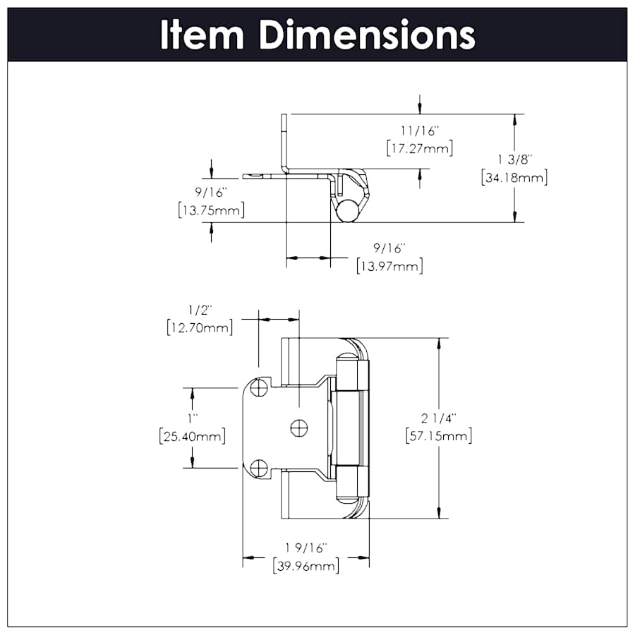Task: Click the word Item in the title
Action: (202, 35)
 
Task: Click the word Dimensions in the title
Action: (366, 35)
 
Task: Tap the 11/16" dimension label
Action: (419, 131)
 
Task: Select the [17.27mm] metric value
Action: (419, 148)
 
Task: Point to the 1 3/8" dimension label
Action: (514, 161)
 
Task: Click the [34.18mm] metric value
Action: (514, 178)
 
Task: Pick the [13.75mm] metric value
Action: (212, 210)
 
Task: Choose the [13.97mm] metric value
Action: (389, 266)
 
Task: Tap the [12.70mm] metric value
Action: (200, 327)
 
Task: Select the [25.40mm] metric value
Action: (193, 437)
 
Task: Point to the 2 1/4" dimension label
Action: (439, 419)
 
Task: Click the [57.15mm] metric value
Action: (439, 436)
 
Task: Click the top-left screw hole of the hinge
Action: (260, 387)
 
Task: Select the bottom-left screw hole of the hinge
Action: (260, 467)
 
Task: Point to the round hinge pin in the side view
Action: (347, 211)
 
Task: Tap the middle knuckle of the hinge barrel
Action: (351, 427)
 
